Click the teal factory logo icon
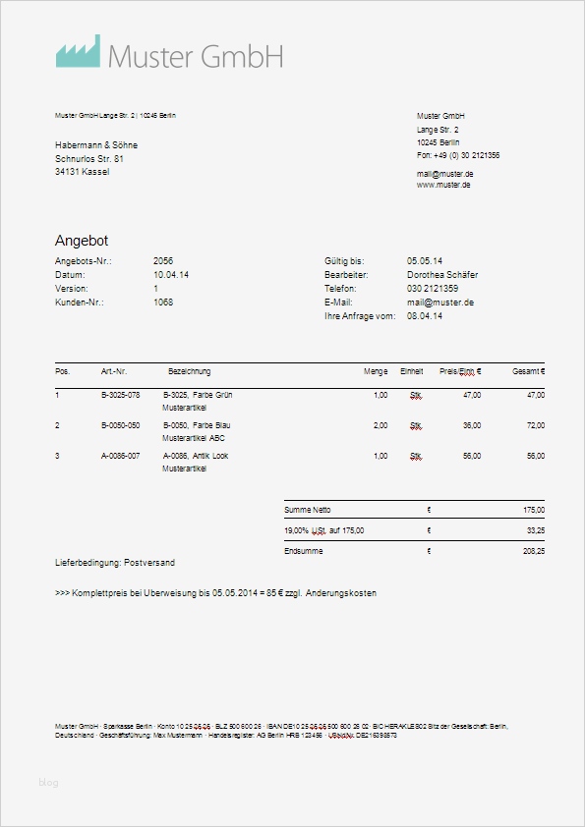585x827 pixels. click(78, 52)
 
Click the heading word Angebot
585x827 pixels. click(82, 241)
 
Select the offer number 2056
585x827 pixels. click(163, 261)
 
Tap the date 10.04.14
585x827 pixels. click(171, 275)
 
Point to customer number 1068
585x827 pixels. click(163, 303)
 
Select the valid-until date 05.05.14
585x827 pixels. click(424, 261)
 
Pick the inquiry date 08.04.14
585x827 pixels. click(424, 316)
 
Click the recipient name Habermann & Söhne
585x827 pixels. click(96, 144)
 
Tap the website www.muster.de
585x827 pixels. click(443, 185)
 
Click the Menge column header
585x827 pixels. click(375, 372)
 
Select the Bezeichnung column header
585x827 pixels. click(190, 372)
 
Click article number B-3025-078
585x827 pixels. click(121, 395)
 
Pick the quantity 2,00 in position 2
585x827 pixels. click(380, 425)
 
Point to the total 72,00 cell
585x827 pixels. click(535, 425)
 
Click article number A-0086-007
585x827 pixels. click(121, 456)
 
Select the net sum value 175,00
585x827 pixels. click(534, 511)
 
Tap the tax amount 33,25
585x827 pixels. click(535, 530)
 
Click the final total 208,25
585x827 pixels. click(534, 552)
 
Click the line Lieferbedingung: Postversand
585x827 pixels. click(116, 563)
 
